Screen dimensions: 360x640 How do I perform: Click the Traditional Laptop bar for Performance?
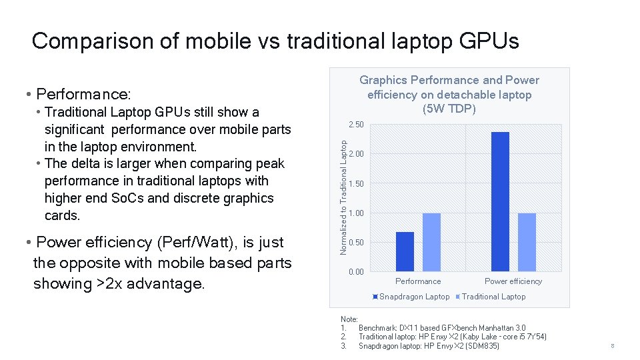[431, 241]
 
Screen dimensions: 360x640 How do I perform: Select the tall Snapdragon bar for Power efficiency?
[499, 201]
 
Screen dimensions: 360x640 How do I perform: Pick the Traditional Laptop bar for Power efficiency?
[527, 241]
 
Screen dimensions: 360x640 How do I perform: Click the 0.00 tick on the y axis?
[356, 272]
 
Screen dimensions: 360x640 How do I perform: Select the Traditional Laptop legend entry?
[493, 297]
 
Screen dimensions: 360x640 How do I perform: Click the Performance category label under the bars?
[418, 281]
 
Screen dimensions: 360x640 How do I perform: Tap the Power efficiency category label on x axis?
[513, 281]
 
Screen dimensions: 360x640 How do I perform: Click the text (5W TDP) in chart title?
[449, 109]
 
